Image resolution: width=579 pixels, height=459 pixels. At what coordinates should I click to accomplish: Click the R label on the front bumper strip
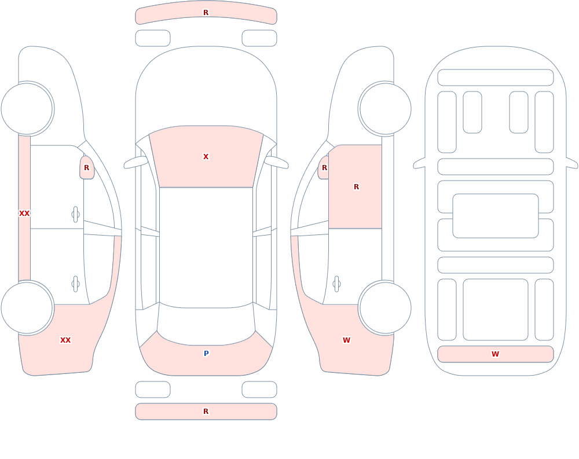click(x=206, y=13)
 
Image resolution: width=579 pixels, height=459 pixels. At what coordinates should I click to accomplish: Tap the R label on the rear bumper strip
click(x=206, y=412)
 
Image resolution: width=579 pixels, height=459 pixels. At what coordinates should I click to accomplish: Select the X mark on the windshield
click(x=206, y=157)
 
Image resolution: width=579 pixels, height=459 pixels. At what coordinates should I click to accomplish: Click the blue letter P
click(x=206, y=354)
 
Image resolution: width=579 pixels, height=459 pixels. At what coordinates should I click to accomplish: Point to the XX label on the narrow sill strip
click(x=24, y=214)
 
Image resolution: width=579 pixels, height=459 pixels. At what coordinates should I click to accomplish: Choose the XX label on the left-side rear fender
click(x=65, y=340)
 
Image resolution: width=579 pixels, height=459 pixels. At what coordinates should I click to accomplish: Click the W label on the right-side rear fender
click(x=346, y=340)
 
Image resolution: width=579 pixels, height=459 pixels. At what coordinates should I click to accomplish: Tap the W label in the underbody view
click(x=495, y=354)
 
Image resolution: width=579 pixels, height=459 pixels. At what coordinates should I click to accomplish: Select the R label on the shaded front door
click(x=356, y=187)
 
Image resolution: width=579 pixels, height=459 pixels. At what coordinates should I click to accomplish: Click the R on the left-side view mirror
click(x=86, y=168)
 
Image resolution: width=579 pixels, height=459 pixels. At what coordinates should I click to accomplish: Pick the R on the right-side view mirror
click(x=325, y=168)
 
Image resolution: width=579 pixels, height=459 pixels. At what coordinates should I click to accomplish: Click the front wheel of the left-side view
click(x=27, y=109)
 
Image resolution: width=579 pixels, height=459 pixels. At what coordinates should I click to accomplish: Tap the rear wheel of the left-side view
click(x=27, y=307)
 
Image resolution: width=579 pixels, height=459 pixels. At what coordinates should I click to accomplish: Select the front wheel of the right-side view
click(x=385, y=109)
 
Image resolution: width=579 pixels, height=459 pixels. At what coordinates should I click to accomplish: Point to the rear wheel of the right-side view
click(x=385, y=307)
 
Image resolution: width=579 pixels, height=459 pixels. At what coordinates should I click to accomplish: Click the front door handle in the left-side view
click(x=75, y=215)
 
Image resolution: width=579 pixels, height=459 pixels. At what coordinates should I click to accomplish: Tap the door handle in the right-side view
click(x=336, y=284)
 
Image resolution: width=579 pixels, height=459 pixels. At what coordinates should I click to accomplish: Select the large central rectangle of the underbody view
click(x=496, y=216)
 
